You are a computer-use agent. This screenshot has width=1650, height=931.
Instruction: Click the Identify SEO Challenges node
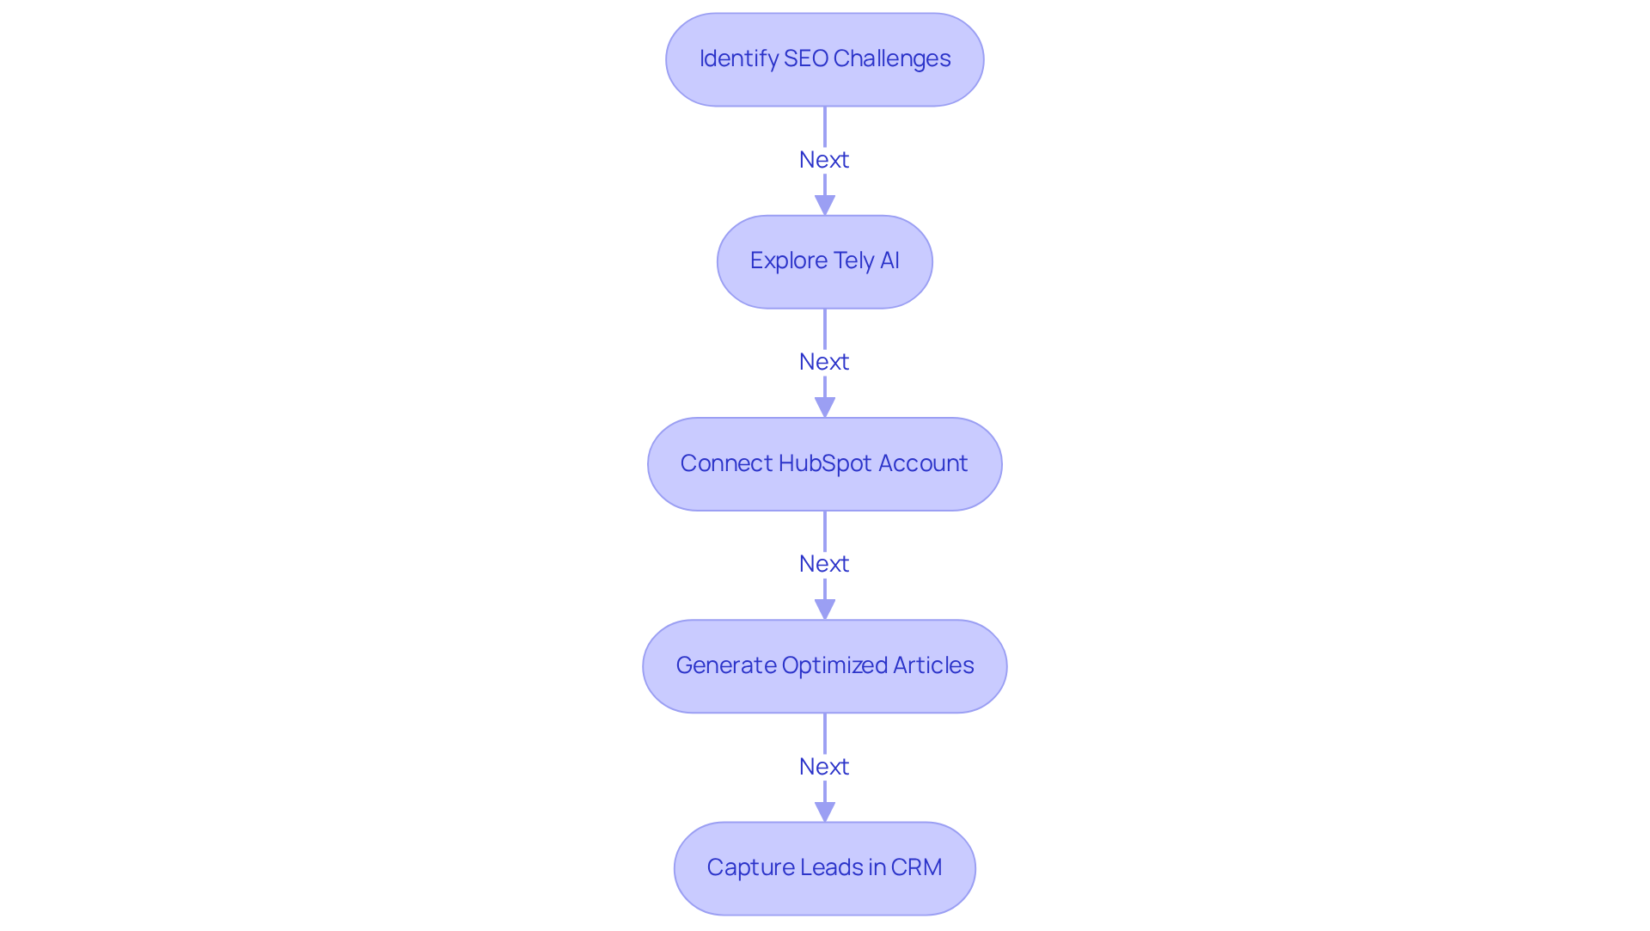click(824, 59)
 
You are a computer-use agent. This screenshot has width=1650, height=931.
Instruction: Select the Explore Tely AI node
click(824, 261)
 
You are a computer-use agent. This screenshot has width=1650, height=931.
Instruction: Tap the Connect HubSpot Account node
click(824, 464)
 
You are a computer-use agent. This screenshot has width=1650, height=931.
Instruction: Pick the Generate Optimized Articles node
click(824, 666)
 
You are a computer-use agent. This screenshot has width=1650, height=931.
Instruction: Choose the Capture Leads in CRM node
click(824, 868)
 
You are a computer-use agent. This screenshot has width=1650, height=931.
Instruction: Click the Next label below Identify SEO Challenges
click(824, 160)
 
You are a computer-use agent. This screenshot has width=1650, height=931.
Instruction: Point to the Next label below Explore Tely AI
click(824, 362)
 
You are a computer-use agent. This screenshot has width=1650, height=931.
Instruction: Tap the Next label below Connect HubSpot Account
click(824, 564)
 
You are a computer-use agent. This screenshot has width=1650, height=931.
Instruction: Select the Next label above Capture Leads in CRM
click(824, 767)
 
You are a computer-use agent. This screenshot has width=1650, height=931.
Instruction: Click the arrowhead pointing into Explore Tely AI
click(825, 205)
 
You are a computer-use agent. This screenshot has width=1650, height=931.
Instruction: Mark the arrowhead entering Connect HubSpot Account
click(825, 407)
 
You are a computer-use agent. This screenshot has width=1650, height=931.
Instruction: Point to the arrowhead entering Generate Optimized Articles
click(825, 609)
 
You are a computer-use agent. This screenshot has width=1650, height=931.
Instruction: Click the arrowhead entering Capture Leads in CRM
click(825, 812)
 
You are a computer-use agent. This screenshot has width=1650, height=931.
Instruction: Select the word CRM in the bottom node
click(916, 867)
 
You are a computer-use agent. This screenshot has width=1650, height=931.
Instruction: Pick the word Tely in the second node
click(853, 260)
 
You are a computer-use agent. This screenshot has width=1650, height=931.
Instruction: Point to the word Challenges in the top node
click(892, 58)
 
